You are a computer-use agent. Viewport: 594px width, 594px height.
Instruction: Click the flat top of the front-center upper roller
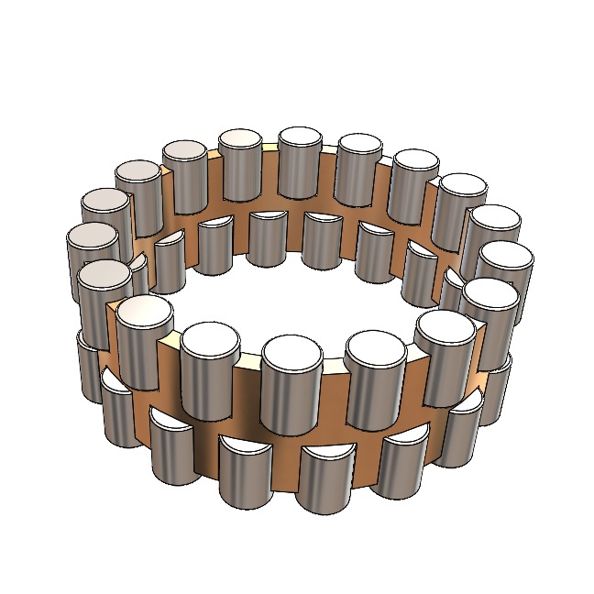pos(291,350)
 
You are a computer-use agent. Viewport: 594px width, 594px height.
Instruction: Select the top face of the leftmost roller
pos(93,238)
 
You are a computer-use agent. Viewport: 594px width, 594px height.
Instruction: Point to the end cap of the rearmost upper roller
pos(300,138)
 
